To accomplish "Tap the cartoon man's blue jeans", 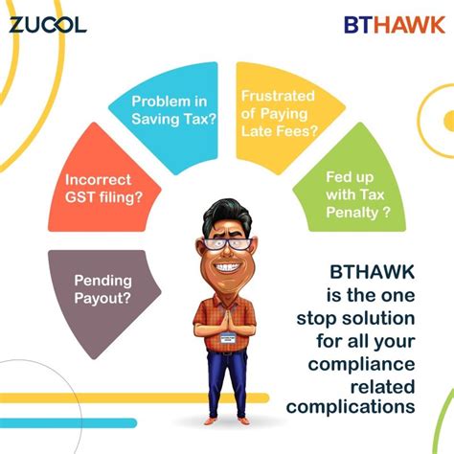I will coord(227,388).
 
